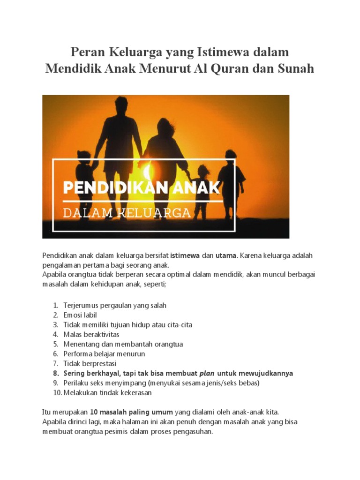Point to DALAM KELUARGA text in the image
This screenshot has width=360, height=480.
(x=127, y=213)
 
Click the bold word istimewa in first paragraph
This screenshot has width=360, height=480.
(x=185, y=255)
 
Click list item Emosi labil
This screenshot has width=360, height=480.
(x=80, y=315)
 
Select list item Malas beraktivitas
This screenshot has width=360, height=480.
(x=91, y=334)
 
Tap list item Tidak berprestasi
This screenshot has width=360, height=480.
(x=90, y=363)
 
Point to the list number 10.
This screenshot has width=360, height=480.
(x=56, y=392)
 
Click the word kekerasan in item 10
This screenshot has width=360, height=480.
(x=136, y=392)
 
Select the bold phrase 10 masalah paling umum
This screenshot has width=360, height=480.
(x=131, y=412)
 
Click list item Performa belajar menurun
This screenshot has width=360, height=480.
(x=104, y=354)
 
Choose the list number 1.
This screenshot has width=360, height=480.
(x=55, y=305)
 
